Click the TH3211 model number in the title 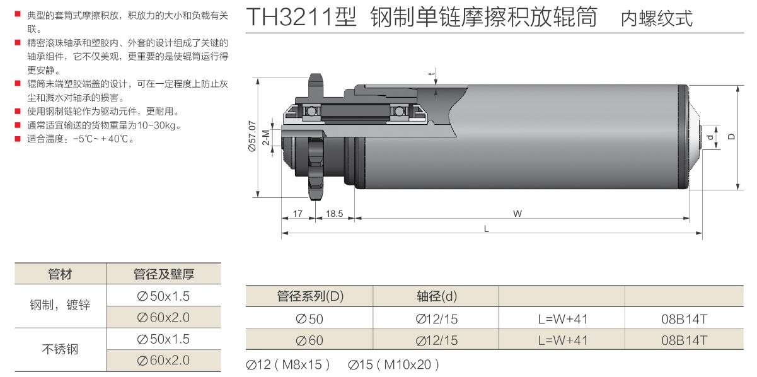point(301,17)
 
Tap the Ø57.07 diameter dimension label point(252,136)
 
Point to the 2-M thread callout point(266,137)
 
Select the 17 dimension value point(298,214)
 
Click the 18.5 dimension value point(334,214)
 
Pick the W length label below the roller point(517,214)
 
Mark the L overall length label point(487,229)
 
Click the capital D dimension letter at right point(731,137)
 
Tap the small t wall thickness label point(432,73)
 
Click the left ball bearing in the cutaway point(311,112)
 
